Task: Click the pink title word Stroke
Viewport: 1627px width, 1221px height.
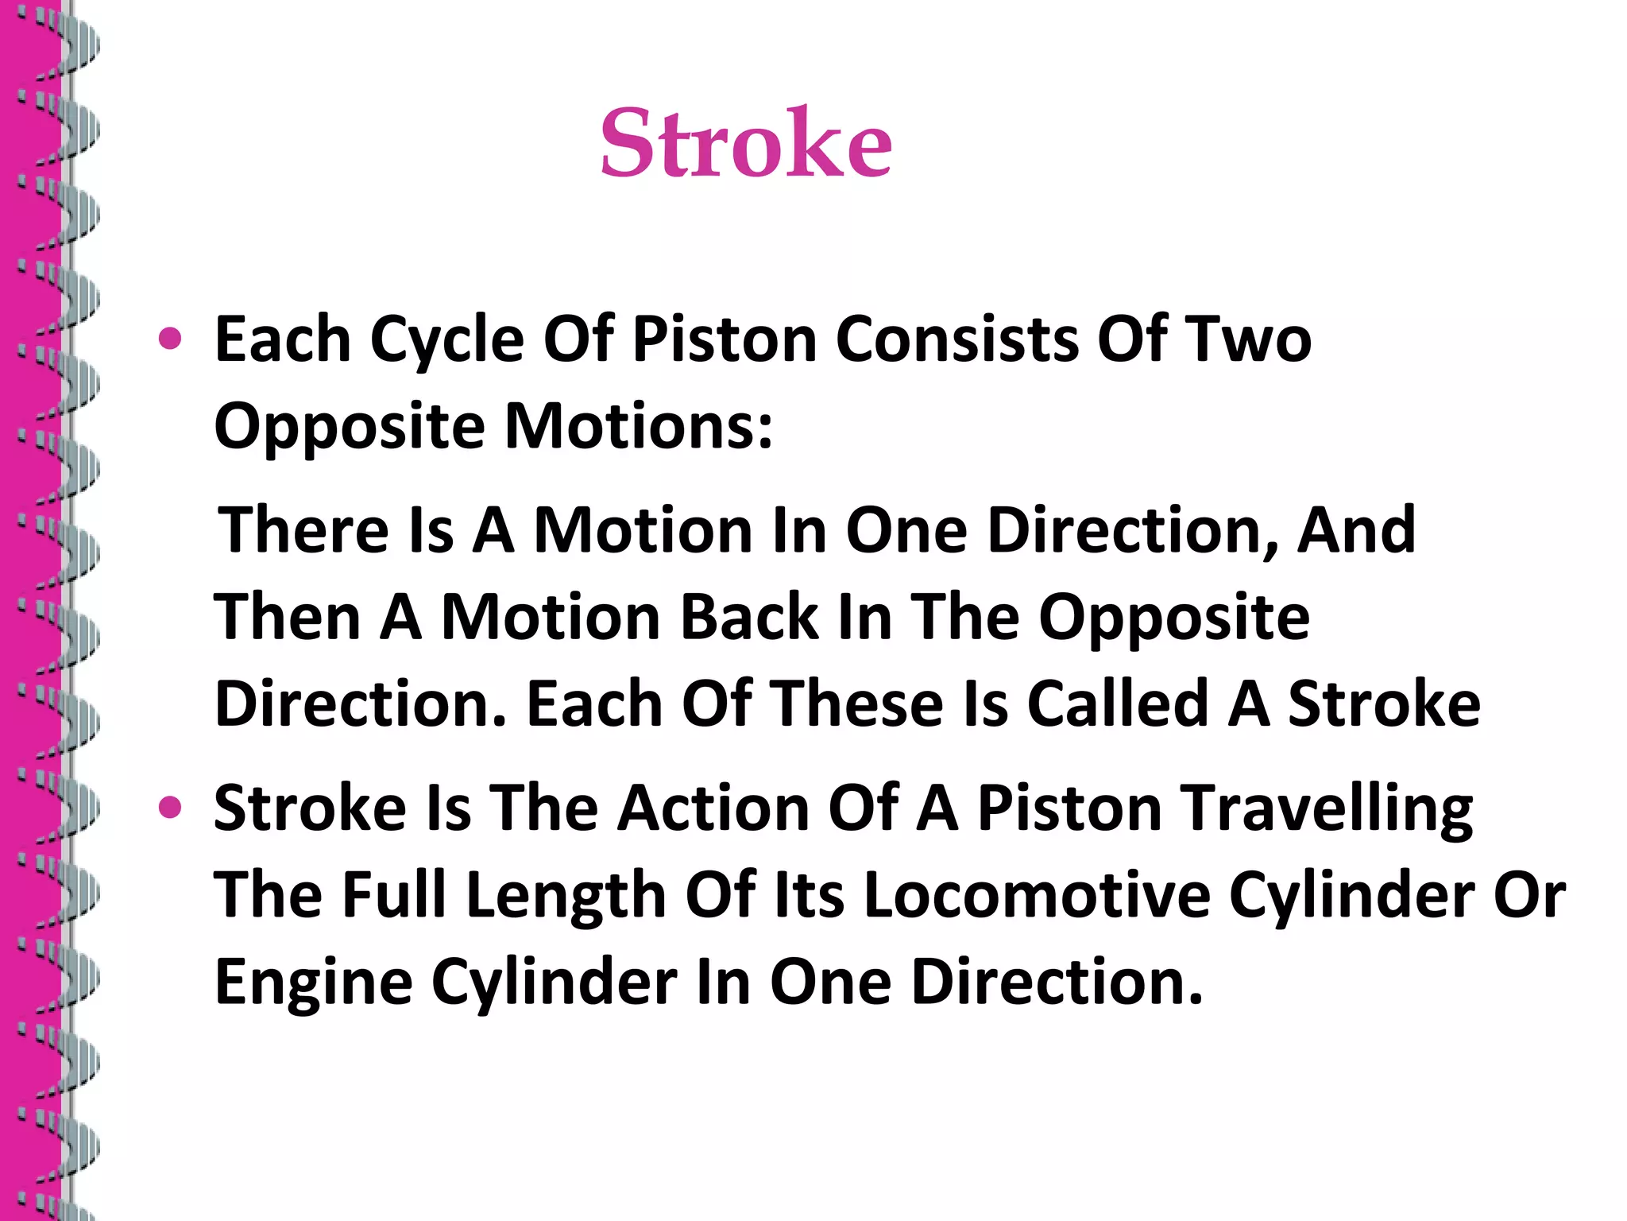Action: coord(745,144)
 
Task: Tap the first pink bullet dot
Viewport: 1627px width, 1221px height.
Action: coord(170,340)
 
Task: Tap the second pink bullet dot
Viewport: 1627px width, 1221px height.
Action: coord(170,808)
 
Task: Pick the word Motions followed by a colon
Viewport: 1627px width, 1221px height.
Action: coord(639,427)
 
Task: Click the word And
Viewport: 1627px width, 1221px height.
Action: coord(1356,530)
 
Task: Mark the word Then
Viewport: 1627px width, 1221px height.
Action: coord(288,618)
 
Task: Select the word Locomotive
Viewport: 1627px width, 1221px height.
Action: coord(1037,895)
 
